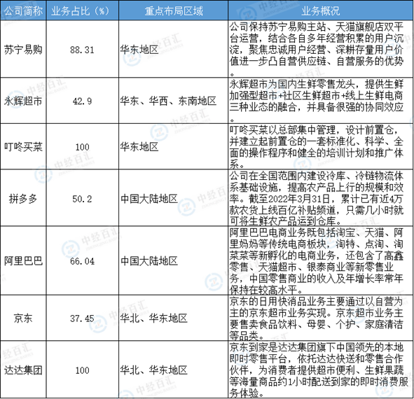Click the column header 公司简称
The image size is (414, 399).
[x=23, y=11]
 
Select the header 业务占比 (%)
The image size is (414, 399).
[x=80, y=11]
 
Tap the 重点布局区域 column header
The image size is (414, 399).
[x=174, y=11]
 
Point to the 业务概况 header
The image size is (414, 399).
[x=321, y=11]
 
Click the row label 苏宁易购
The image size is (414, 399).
[x=23, y=50]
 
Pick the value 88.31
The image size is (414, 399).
[x=82, y=50]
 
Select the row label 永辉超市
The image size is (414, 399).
[x=23, y=101]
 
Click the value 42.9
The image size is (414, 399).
[x=82, y=101]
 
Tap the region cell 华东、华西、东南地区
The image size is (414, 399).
[x=168, y=101]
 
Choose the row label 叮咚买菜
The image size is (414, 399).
[x=23, y=147]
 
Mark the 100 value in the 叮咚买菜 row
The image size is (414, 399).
[x=82, y=147]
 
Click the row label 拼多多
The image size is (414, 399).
[x=23, y=198]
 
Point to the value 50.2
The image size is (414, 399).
[x=82, y=199]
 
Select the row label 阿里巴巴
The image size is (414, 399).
[x=23, y=260]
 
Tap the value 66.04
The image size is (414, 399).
[x=82, y=261]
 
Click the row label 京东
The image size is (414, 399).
[x=23, y=318]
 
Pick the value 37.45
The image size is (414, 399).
[x=82, y=318]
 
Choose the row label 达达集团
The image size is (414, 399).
[x=23, y=370]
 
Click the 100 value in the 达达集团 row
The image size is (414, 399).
[x=82, y=370]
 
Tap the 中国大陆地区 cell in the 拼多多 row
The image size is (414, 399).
[x=149, y=198]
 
